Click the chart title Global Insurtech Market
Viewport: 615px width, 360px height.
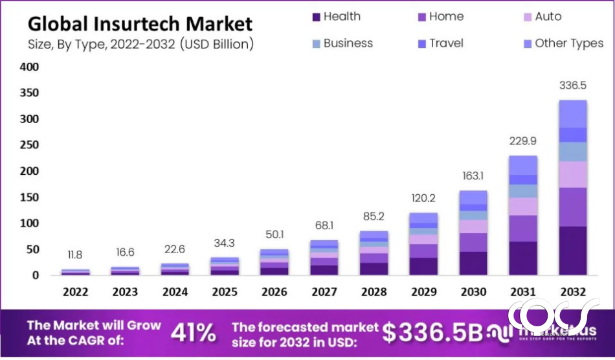pyautogui.click(x=140, y=25)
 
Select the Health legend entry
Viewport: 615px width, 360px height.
pyautogui.click(x=336, y=17)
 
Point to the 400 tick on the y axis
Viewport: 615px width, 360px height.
pyautogui.click(x=30, y=67)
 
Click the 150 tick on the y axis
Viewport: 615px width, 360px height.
pyautogui.click(x=30, y=197)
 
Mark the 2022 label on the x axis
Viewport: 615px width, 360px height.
pyautogui.click(x=76, y=291)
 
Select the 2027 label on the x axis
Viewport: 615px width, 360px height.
pyautogui.click(x=324, y=291)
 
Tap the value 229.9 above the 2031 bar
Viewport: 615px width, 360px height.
pyautogui.click(x=523, y=141)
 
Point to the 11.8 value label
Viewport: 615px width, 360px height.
pyautogui.click(x=75, y=254)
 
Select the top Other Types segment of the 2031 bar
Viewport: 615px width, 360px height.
pyautogui.click(x=523, y=164)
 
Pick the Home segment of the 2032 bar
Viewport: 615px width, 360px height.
pyautogui.click(x=573, y=207)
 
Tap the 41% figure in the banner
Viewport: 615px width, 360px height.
pyautogui.click(x=193, y=332)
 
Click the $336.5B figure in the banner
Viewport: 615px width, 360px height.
pyautogui.click(x=432, y=332)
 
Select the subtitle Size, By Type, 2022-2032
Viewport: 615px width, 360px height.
pyautogui.click(x=140, y=45)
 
